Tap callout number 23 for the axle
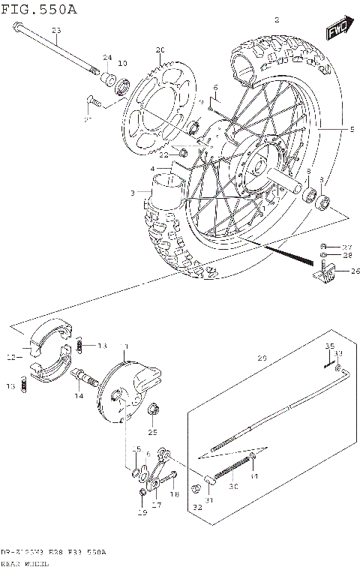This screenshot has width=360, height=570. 55,30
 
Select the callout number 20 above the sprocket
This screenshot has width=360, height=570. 159,50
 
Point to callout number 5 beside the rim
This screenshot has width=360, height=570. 351,129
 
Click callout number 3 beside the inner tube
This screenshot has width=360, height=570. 132,193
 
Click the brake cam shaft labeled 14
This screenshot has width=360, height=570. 84,376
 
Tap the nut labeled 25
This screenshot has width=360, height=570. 153,409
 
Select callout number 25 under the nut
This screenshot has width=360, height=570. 153,432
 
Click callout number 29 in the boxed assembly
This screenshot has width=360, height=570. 262,358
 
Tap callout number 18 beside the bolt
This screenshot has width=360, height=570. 174,494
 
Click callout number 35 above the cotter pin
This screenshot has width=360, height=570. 328,346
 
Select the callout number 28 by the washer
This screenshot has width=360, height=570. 346,256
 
